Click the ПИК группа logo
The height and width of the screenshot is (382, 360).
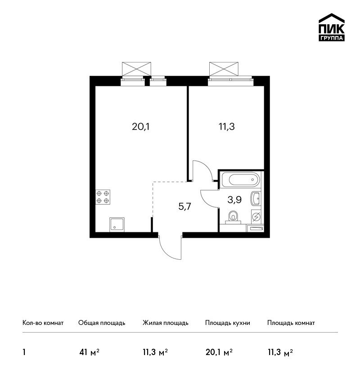(332, 27)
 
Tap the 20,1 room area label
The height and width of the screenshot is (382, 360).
(140, 127)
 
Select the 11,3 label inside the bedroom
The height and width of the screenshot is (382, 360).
(227, 127)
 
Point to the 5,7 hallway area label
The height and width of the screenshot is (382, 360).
(184, 207)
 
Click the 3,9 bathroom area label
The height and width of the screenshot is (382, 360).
(234, 200)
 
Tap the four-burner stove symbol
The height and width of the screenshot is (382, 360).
(103, 197)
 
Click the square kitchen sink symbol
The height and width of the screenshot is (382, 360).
(117, 225)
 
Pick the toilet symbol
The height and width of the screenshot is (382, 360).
(233, 217)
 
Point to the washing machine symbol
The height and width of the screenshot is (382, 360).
(256, 216)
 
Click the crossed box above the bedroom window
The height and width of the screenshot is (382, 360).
(224, 69)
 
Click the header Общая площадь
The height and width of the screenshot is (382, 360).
(102, 323)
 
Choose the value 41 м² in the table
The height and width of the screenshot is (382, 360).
(89, 352)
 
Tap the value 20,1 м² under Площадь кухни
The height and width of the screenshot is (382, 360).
(219, 352)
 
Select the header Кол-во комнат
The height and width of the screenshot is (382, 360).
(43, 323)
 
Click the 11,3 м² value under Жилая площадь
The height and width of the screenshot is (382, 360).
(155, 352)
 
